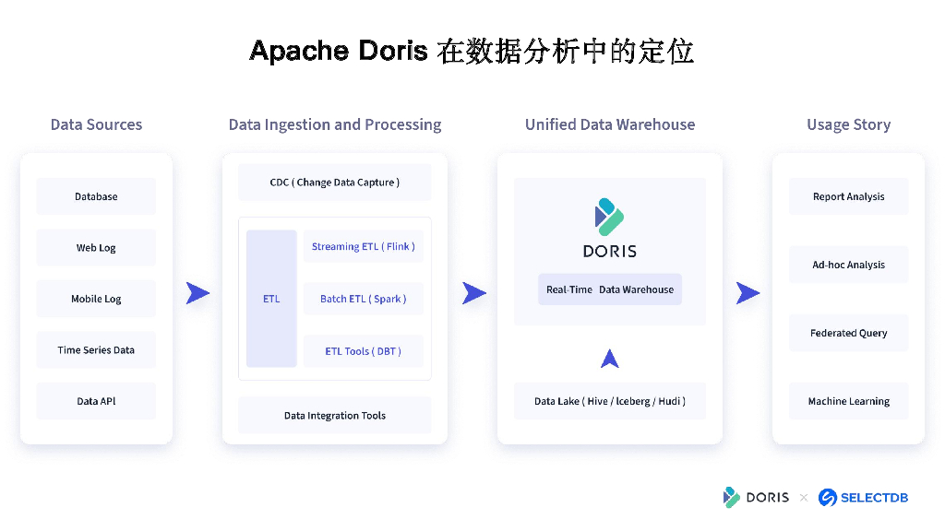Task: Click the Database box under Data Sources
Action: (96, 196)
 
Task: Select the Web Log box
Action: (96, 248)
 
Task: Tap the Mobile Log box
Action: (96, 299)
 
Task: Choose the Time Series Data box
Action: (96, 350)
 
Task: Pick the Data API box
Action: (96, 401)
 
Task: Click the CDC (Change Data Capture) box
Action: (334, 183)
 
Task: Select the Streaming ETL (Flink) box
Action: (363, 246)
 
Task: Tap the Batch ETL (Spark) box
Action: (363, 299)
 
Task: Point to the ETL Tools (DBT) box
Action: (363, 351)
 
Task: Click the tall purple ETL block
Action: (271, 299)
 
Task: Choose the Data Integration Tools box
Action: (334, 416)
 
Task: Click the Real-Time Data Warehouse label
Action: (609, 289)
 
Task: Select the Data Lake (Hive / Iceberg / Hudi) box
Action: (609, 401)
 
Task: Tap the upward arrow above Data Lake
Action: (609, 359)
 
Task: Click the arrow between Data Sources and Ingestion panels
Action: (197, 293)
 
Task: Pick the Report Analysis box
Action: (848, 196)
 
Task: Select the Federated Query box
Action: (848, 333)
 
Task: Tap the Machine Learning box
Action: (848, 401)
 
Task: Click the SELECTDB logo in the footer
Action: (864, 498)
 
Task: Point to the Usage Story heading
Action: (848, 124)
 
